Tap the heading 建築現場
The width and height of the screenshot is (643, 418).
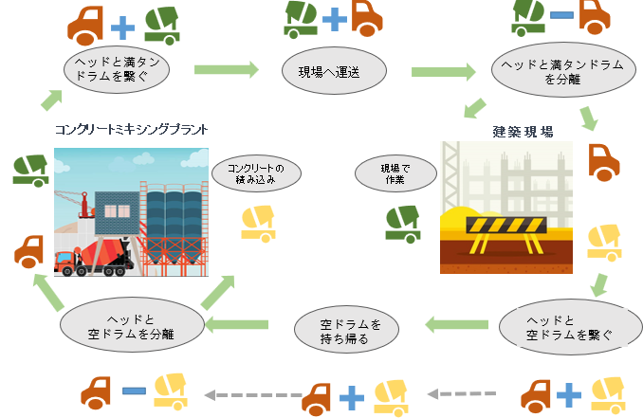coord(524,132)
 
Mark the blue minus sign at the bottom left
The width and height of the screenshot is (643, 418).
coord(133,390)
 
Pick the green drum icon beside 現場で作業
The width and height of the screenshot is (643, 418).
coord(402,221)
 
